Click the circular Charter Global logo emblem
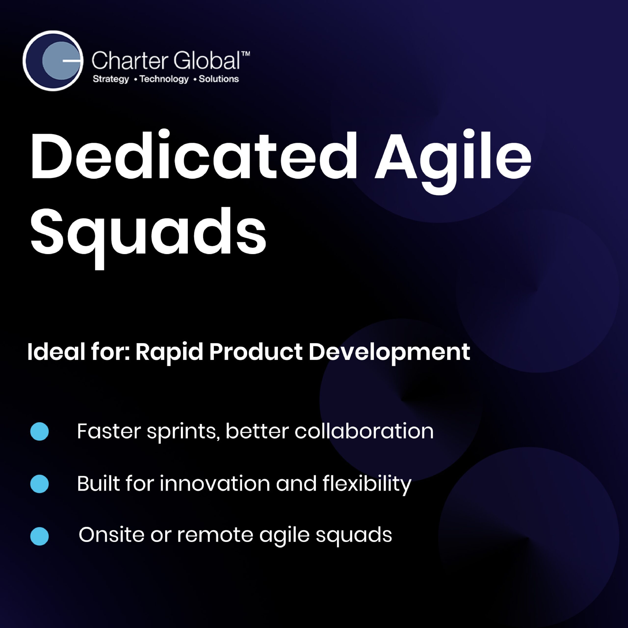pyautogui.click(x=53, y=61)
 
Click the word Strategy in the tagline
pyautogui.click(x=111, y=79)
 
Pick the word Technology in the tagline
pyautogui.click(x=164, y=79)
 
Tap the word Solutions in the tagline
pyautogui.click(x=219, y=79)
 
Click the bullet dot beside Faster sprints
pyautogui.click(x=39, y=431)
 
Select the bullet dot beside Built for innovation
pyautogui.click(x=39, y=484)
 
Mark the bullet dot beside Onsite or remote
pyautogui.click(x=39, y=536)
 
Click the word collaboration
pyautogui.click(x=364, y=431)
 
